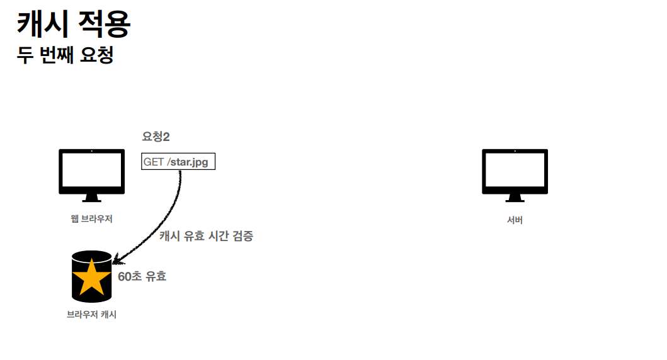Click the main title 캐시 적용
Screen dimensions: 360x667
coord(74,24)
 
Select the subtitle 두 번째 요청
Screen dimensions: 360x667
coord(65,55)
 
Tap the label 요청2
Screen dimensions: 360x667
coord(156,137)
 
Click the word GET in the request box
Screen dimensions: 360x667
coord(154,162)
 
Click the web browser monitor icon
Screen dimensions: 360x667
coord(91,171)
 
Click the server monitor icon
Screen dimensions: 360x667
coord(515,171)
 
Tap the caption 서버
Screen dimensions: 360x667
coord(515,220)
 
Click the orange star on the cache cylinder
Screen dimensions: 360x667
coord(92,277)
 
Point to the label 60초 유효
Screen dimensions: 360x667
coord(142,276)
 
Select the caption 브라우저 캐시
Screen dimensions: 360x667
coord(91,315)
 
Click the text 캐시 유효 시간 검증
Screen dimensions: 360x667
coord(206,236)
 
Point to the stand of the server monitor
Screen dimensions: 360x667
coord(515,198)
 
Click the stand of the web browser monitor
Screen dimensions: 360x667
coord(91,198)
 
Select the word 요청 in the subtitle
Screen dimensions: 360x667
coord(97,55)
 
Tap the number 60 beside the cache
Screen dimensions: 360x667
coord(125,276)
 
